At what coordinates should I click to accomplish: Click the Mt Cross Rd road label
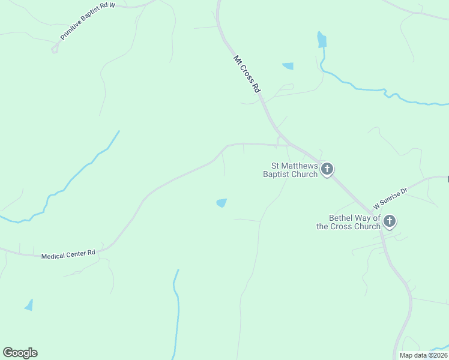247,74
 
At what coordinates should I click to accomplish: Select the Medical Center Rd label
68,255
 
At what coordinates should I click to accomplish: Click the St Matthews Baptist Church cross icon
327,169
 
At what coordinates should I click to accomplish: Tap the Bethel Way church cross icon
390,221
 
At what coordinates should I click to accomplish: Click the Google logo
20,353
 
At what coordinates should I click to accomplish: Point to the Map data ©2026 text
423,355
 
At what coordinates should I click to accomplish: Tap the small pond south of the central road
221,203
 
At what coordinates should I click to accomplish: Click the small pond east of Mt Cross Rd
288,66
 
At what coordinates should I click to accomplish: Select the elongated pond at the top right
322,40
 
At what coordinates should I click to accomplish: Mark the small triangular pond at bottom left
29,305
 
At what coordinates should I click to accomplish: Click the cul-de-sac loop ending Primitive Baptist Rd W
55,49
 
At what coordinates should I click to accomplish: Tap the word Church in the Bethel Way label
367,226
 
